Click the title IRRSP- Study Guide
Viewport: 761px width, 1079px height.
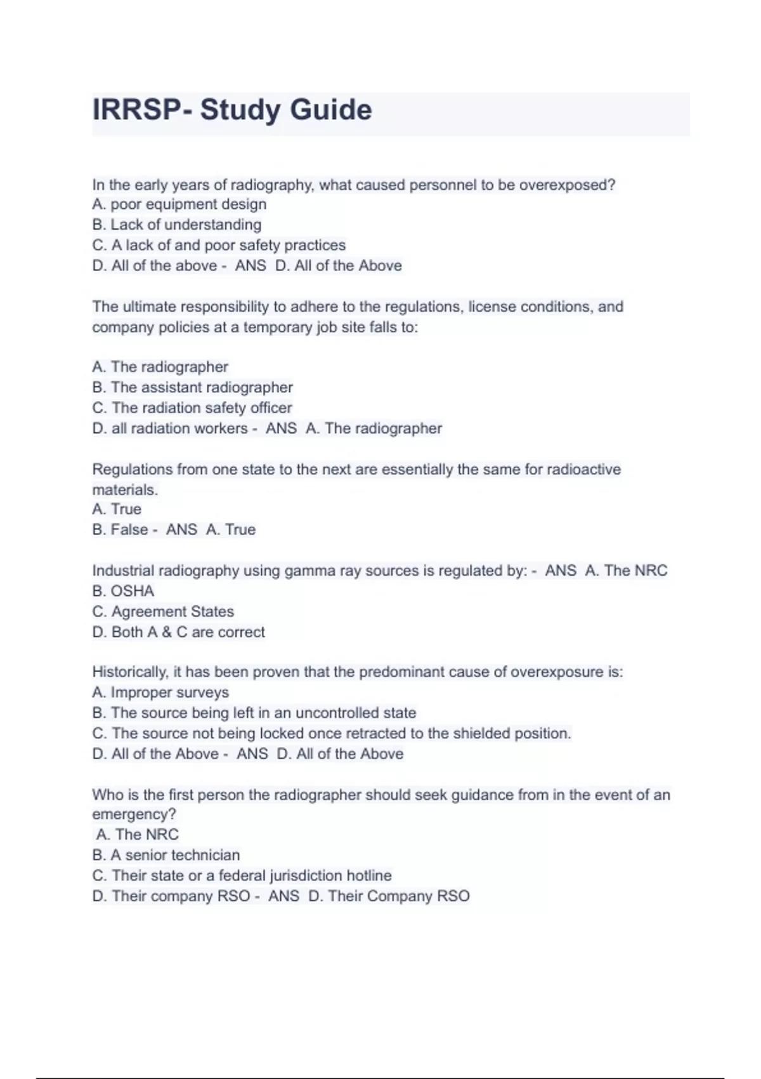(x=232, y=110)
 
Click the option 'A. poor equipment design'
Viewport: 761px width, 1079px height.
(x=179, y=204)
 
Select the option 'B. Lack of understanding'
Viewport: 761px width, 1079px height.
(x=176, y=225)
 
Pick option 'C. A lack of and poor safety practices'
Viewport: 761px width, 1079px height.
(x=219, y=245)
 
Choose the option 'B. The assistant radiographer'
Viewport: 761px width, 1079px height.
(x=192, y=387)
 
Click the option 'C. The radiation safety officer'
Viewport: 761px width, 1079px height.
(x=192, y=407)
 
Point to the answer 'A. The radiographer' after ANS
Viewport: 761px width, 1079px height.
(x=374, y=428)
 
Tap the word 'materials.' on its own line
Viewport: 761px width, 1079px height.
(x=125, y=490)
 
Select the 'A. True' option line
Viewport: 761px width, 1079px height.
(x=117, y=509)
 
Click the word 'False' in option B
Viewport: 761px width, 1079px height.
(x=129, y=529)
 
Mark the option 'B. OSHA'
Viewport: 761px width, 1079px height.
(x=123, y=591)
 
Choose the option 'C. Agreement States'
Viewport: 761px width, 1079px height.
(x=163, y=611)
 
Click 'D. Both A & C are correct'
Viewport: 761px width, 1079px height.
(x=178, y=632)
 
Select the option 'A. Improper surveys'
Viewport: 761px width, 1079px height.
(x=160, y=692)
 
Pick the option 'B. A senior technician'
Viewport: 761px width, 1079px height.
(x=166, y=855)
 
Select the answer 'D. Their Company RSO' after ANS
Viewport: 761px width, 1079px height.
(x=389, y=896)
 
